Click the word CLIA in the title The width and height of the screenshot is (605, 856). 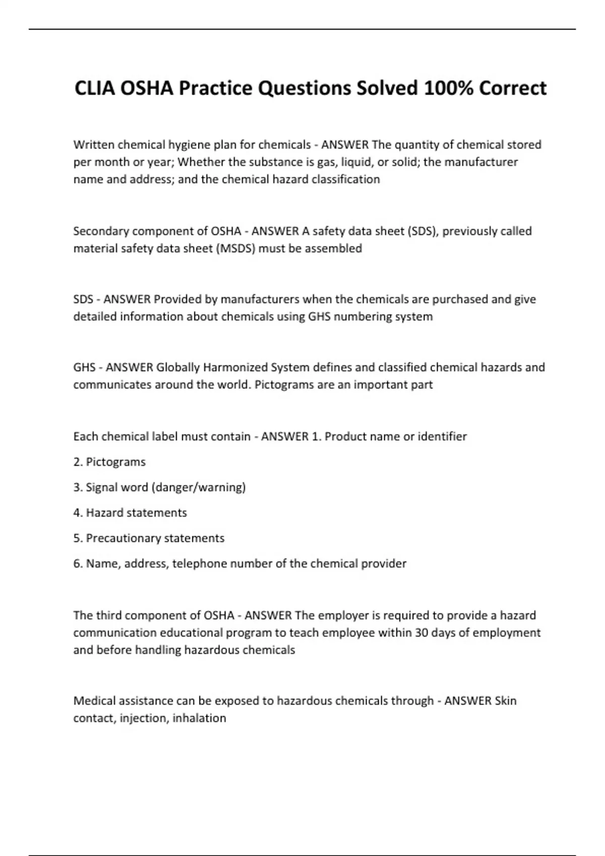tap(94, 89)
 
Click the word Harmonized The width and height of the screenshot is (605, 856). tap(235, 368)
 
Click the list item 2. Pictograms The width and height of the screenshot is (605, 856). tap(109, 462)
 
